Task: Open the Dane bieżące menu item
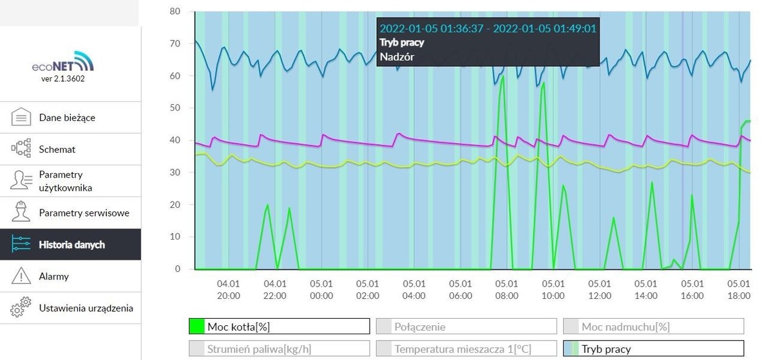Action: pos(67,118)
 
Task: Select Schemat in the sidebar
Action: pos(57,149)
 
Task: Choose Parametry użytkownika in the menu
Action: pos(65,181)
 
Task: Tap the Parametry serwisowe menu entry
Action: pos(84,213)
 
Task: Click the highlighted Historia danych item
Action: pos(72,245)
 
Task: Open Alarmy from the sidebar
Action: pos(53,276)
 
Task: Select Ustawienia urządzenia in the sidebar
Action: pos(86,308)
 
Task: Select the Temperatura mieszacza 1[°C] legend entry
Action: pos(466,349)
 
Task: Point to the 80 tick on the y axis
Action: pos(175,12)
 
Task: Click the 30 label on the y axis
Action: pos(175,173)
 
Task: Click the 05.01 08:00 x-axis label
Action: pos(506,290)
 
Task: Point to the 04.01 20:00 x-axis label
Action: pos(228,290)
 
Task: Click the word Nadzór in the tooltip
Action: pos(397,57)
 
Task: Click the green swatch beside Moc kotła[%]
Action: pos(196,327)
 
